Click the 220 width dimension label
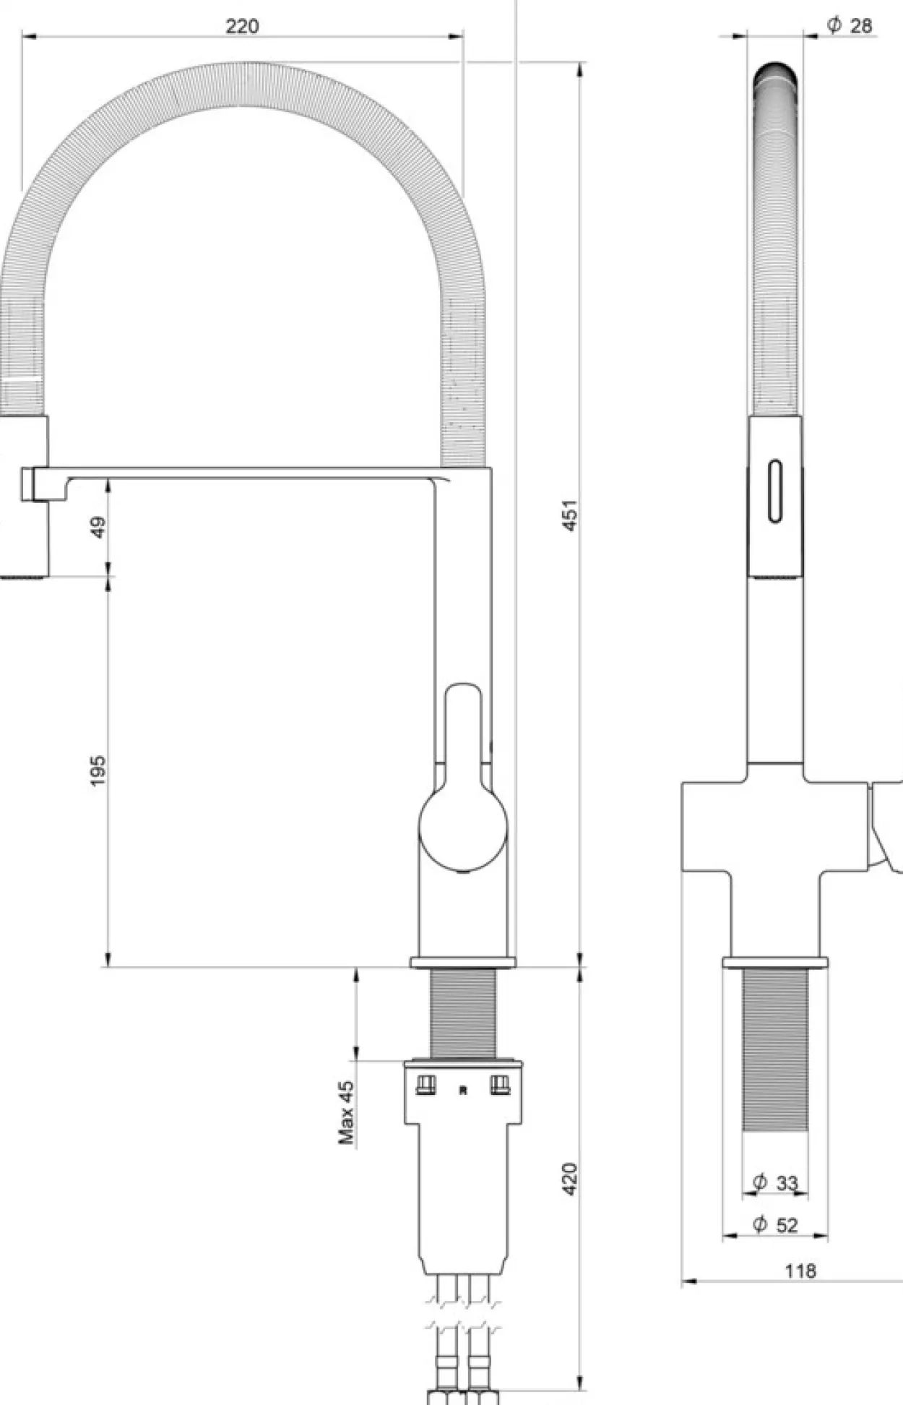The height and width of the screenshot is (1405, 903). [x=242, y=27]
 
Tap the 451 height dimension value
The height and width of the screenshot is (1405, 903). [x=571, y=515]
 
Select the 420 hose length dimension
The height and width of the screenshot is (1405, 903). [x=570, y=1179]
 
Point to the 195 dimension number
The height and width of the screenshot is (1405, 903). [x=98, y=770]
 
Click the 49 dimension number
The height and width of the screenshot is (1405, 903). [x=98, y=526]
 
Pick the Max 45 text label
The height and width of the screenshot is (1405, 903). [x=347, y=1112]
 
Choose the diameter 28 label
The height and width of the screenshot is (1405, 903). [x=850, y=26]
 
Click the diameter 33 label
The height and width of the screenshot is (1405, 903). [x=775, y=1183]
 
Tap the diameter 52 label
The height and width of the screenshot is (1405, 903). [x=775, y=1225]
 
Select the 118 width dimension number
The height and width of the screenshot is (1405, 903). [x=800, y=1271]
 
